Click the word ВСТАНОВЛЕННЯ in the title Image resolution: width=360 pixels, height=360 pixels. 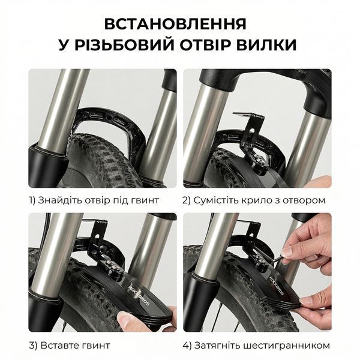pos(175,24)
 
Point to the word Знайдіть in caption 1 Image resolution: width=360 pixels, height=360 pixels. pos(59,200)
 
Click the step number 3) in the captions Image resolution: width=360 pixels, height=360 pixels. pos(33,346)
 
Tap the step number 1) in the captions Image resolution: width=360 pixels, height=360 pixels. pos(32,200)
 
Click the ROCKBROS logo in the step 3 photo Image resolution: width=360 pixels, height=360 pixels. pos(139,295)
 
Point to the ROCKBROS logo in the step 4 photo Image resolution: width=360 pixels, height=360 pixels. pos(277,285)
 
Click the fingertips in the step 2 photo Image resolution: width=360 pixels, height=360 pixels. pos(322,182)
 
